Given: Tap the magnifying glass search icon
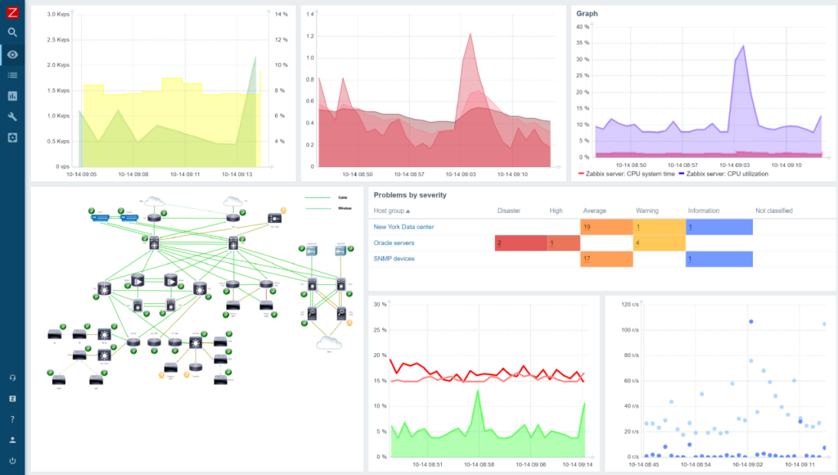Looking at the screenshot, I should (x=12, y=33).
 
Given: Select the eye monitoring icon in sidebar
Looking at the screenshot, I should (x=12, y=55).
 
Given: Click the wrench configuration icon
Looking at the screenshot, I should (x=12, y=116).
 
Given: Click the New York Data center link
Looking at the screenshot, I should (x=403, y=227).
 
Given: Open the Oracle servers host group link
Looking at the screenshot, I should (x=394, y=243).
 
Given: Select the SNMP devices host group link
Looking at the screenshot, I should (x=394, y=259).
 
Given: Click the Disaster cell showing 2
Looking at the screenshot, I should (x=520, y=243).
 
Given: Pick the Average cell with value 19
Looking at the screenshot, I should (x=606, y=227).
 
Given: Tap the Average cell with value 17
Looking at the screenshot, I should (x=606, y=259).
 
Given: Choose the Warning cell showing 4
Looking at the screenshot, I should (x=659, y=243).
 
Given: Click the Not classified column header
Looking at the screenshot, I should (x=774, y=210).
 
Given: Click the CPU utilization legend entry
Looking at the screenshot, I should (x=723, y=174).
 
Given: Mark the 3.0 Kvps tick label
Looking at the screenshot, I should (x=56, y=15).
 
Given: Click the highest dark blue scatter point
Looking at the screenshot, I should (x=750, y=322).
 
